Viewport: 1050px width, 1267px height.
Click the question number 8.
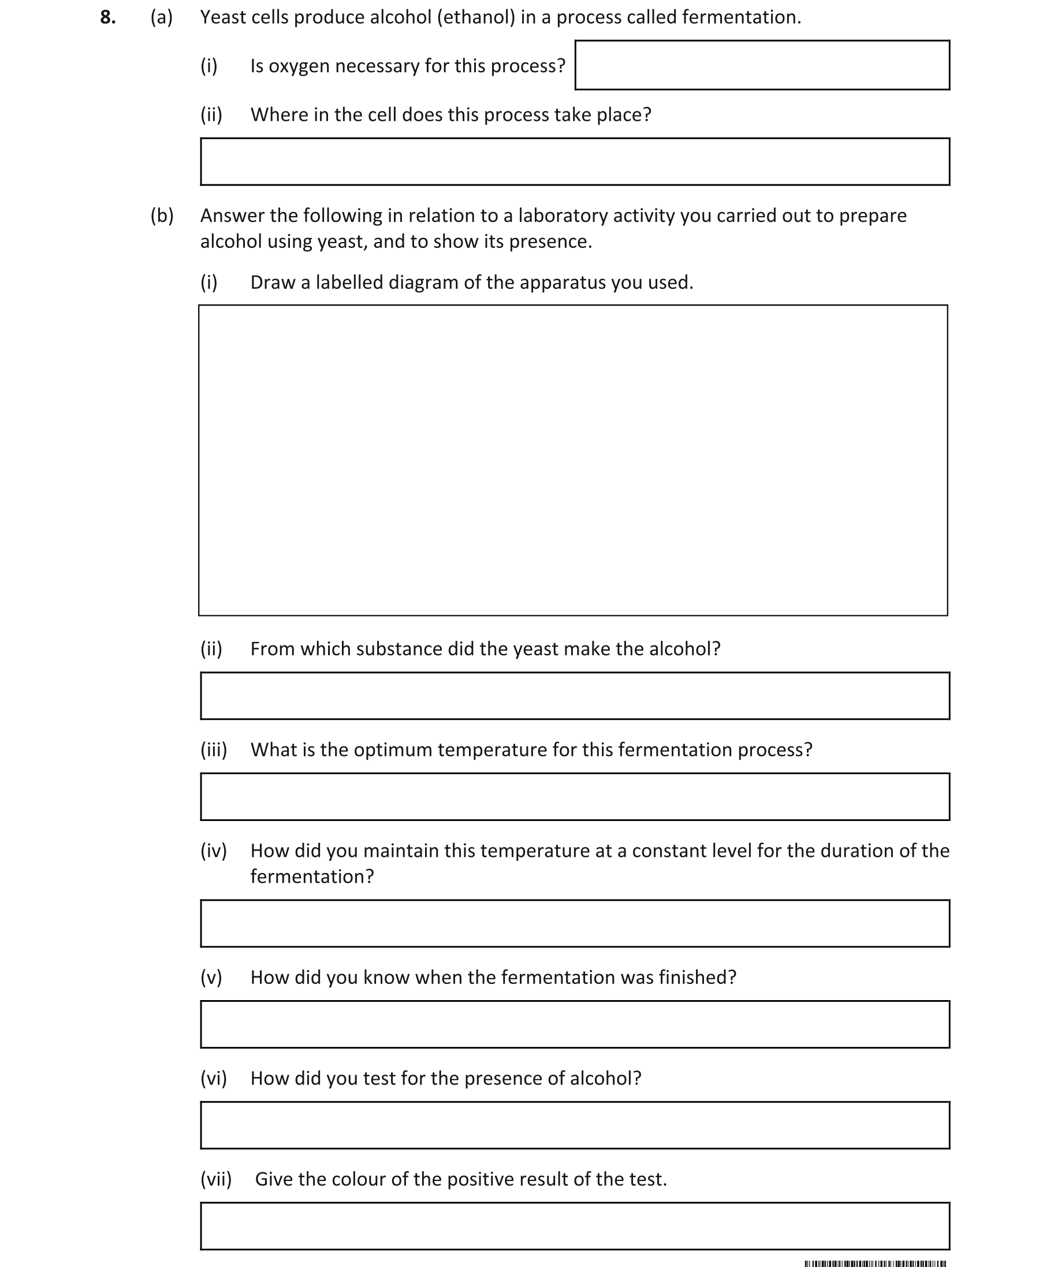[x=107, y=17]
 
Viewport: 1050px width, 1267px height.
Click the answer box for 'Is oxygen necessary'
[x=762, y=65]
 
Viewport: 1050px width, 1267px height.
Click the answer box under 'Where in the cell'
[x=574, y=162]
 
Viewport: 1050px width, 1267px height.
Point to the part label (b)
[x=162, y=215]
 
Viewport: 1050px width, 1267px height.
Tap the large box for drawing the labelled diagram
[x=572, y=460]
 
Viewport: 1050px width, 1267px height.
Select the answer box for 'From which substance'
[x=574, y=696]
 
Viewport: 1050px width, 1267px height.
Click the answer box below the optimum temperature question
[x=574, y=796]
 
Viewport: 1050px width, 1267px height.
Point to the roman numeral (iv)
[x=214, y=850]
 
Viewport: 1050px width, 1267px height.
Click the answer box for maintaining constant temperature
[x=574, y=923]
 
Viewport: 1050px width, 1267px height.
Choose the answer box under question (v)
[x=574, y=1024]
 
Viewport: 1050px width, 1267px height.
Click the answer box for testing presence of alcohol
[x=574, y=1125]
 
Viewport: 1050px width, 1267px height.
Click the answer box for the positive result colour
[x=574, y=1226]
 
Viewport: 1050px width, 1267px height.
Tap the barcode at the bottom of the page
[x=874, y=1263]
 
